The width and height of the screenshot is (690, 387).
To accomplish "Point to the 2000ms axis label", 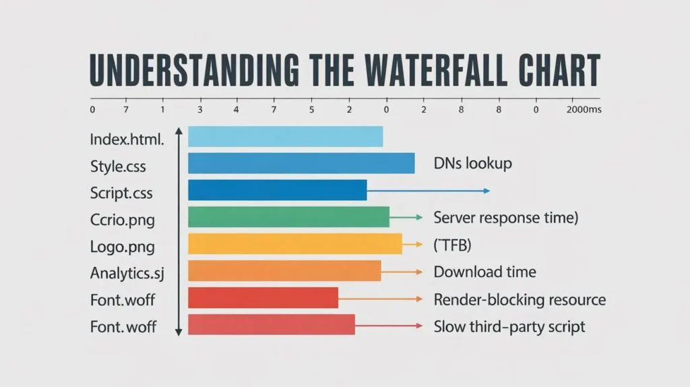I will pyautogui.click(x=584, y=109).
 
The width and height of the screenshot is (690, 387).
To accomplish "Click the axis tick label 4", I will pyautogui.click(x=236, y=109).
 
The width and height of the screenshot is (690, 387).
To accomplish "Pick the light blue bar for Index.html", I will pyautogui.click(x=285, y=137).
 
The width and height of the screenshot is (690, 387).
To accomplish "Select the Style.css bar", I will pyautogui.click(x=301, y=163).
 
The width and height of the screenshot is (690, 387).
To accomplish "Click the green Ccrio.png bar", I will pyautogui.click(x=288, y=217).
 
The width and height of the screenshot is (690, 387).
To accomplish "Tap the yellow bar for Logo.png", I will pyautogui.click(x=294, y=244).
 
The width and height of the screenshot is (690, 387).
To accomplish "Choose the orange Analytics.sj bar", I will pyautogui.click(x=284, y=271).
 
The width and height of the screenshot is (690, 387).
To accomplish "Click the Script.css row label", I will pyautogui.click(x=121, y=193).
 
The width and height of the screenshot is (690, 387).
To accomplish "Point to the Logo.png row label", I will pyautogui.click(x=122, y=247).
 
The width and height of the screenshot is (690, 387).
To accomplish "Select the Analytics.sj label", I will pyautogui.click(x=127, y=274).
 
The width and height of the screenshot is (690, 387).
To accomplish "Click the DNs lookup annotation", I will pyautogui.click(x=472, y=163).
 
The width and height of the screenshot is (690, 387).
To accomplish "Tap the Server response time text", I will pyautogui.click(x=506, y=218).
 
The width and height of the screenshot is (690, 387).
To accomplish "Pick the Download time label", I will pyautogui.click(x=484, y=272).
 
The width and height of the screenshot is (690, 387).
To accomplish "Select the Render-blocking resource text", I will pyautogui.click(x=520, y=299).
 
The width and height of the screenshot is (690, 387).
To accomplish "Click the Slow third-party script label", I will pyautogui.click(x=509, y=327).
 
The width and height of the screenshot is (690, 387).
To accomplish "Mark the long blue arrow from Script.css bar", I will pyautogui.click(x=428, y=191).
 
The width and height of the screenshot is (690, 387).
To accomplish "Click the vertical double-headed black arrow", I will pyautogui.click(x=179, y=231).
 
